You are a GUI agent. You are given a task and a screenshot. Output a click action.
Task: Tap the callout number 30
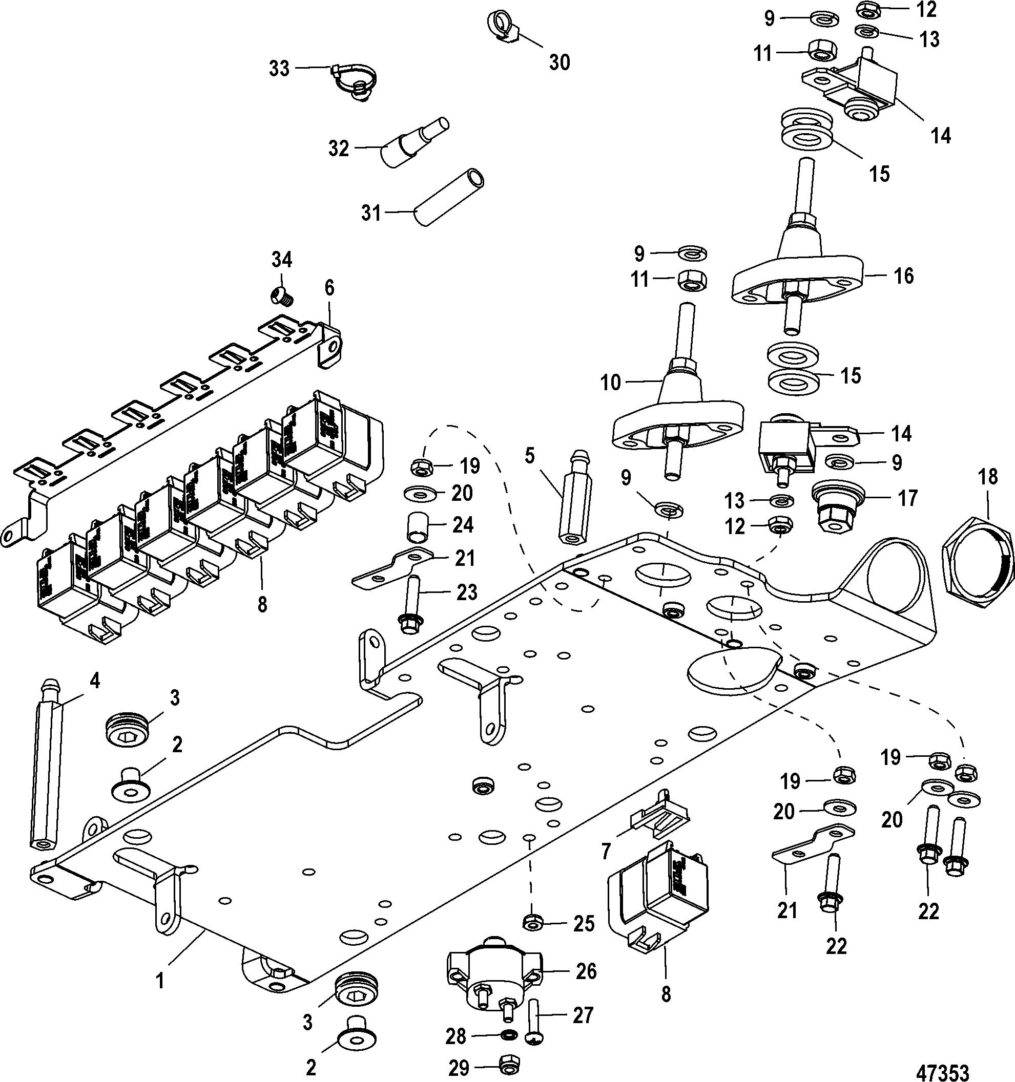pos(559,62)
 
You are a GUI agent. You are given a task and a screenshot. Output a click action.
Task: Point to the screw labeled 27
pos(532,1019)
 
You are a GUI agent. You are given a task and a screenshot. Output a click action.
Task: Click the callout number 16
pos(903,276)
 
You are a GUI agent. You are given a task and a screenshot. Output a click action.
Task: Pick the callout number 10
pos(610,383)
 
